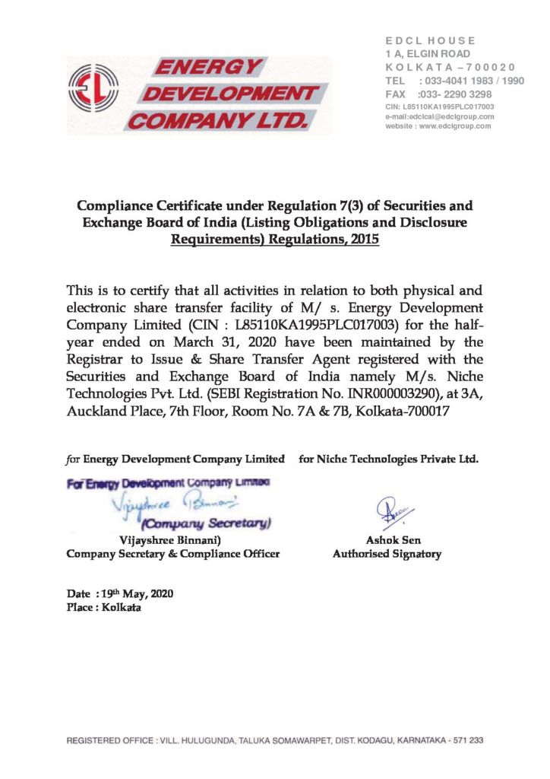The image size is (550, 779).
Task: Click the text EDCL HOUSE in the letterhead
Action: (x=430, y=40)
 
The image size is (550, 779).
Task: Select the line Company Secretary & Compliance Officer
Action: (x=173, y=554)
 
